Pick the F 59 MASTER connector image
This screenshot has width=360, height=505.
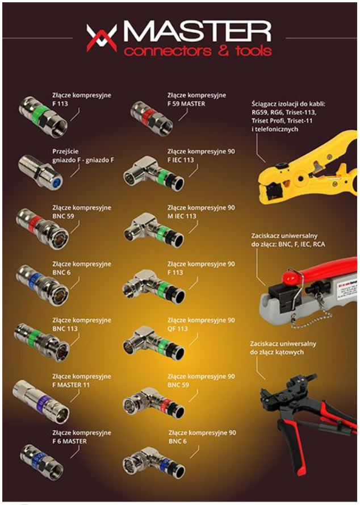click(x=152, y=118)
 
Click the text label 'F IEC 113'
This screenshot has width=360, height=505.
click(x=181, y=160)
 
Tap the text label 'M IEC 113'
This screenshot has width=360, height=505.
click(x=182, y=216)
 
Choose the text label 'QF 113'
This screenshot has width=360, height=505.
click(x=177, y=329)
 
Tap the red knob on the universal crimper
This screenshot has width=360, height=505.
click(x=292, y=277)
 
